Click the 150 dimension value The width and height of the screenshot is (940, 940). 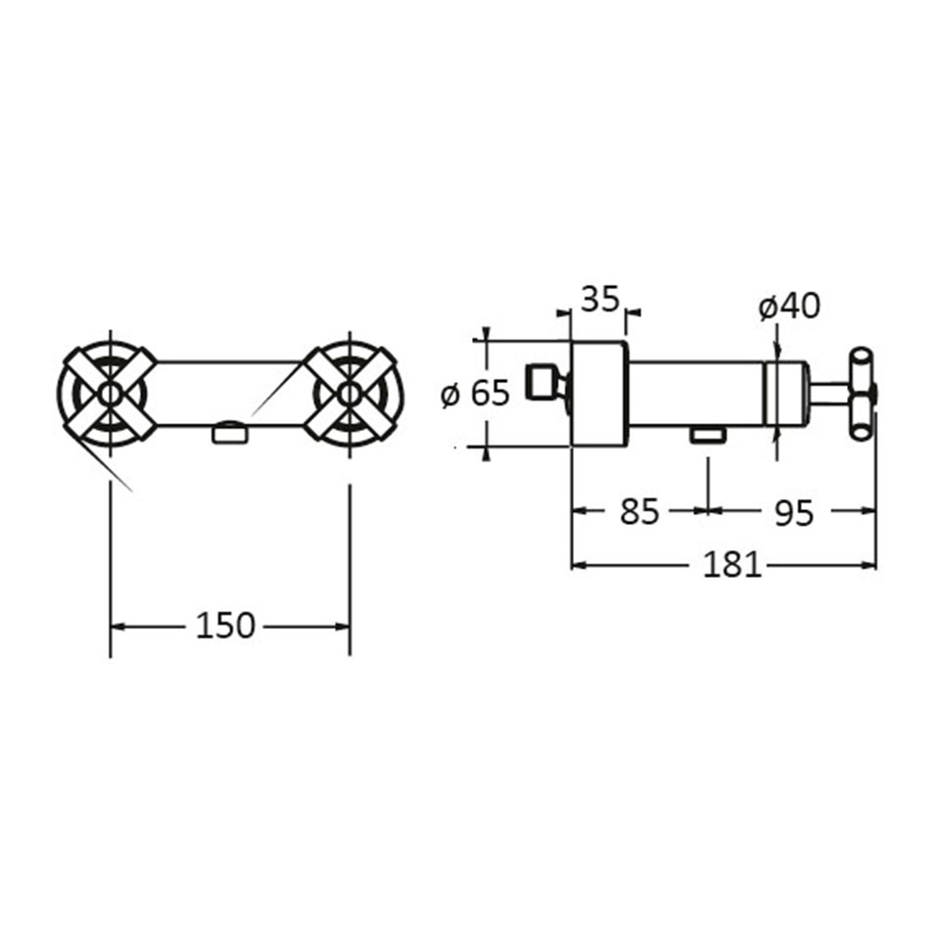[x=225, y=626]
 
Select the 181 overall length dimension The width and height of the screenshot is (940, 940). [x=732, y=564]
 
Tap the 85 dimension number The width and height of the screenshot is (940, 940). [x=639, y=511]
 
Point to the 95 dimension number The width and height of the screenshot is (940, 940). [x=794, y=512]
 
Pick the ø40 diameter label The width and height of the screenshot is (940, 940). [x=789, y=306]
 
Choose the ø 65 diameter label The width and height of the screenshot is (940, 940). [x=475, y=394]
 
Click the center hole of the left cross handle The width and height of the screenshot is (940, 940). [x=110, y=394]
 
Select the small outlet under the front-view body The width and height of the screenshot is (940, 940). [x=229, y=432]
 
